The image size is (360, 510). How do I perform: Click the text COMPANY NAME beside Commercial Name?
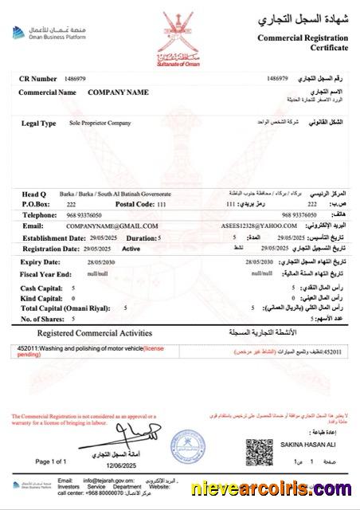(118, 92)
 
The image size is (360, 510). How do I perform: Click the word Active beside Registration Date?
(131, 249)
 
